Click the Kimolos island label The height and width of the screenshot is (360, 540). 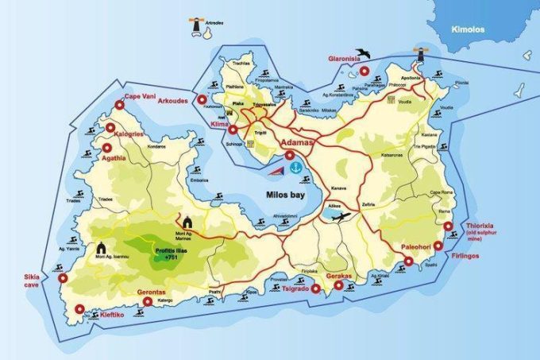coord(468,29)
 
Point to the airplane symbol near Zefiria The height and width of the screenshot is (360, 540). coord(342,216)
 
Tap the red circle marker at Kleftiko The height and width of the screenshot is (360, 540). coord(77,311)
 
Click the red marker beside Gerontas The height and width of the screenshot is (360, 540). coord(147,301)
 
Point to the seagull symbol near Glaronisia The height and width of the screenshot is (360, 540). coord(363,55)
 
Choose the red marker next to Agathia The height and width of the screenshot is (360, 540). coord(106,147)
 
